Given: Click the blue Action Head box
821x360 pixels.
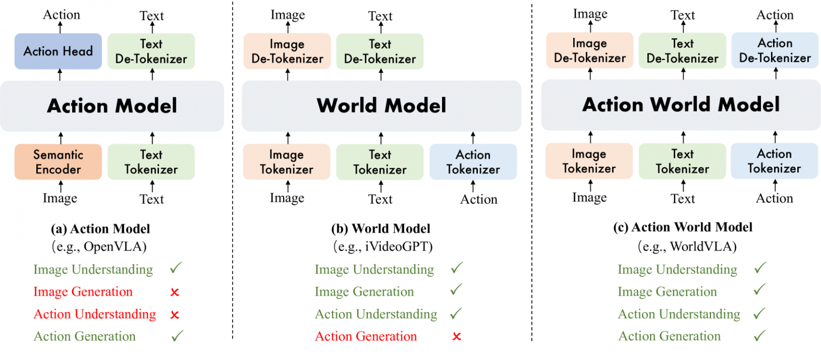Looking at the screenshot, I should pyautogui.click(x=58, y=51).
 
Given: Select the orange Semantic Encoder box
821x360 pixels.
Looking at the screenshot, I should pyautogui.click(x=58, y=162).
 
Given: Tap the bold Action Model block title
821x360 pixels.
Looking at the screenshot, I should pyautogui.click(x=112, y=106).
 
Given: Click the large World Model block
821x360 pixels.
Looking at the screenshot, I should pyautogui.click(x=381, y=106).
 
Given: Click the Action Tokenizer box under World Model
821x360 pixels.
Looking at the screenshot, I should pyautogui.click(x=473, y=162).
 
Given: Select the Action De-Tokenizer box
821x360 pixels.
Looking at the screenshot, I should pyautogui.click(x=775, y=51).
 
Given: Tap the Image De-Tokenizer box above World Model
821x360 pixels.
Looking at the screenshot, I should pyautogui.click(x=287, y=51).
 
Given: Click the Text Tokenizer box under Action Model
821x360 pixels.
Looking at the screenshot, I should pyautogui.click(x=151, y=162).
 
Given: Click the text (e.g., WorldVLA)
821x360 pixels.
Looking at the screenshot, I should pyautogui.click(x=683, y=246).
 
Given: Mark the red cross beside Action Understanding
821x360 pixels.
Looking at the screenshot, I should pyautogui.click(x=175, y=315).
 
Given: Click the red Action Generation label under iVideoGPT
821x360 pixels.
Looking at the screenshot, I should pyautogui.click(x=366, y=336).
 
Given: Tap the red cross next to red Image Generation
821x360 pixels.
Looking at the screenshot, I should pyautogui.click(x=175, y=292).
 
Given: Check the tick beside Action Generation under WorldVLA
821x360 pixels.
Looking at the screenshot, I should pyautogui.click(x=759, y=336).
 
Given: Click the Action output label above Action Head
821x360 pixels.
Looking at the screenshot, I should pyautogui.click(x=61, y=15).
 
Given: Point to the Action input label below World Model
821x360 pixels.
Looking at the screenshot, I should pyautogui.click(x=478, y=199).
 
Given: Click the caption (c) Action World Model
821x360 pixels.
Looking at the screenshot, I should pyautogui.click(x=683, y=227).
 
